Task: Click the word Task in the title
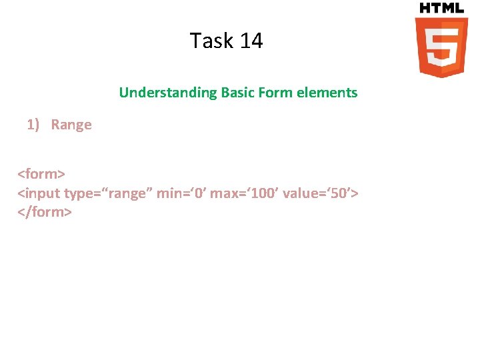(x=211, y=41)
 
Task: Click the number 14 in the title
(x=251, y=41)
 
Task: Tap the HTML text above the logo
(x=441, y=8)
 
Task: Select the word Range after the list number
(x=71, y=125)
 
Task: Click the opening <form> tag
(x=41, y=175)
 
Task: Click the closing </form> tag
(x=45, y=212)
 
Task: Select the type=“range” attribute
(x=108, y=193)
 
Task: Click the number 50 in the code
(x=339, y=193)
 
